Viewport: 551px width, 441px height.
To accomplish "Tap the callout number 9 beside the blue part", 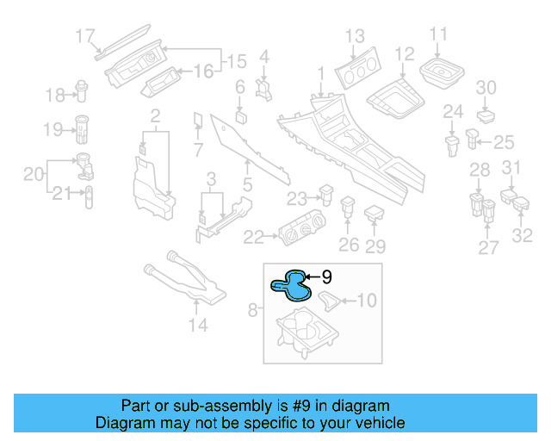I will tap(327, 277).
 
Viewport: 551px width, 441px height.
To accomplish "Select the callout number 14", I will tap(198, 325).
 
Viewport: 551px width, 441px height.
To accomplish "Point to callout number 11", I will tap(439, 35).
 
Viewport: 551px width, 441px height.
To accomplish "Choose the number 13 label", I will tap(355, 36).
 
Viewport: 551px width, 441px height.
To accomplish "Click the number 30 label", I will tap(486, 88).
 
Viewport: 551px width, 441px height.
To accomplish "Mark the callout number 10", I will tap(367, 301).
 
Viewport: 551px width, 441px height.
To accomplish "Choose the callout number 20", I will tap(33, 175).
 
